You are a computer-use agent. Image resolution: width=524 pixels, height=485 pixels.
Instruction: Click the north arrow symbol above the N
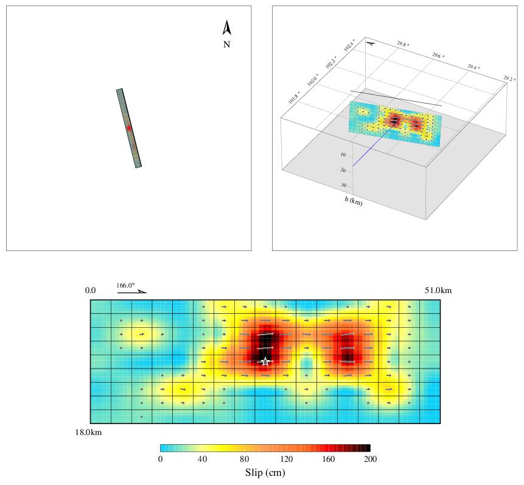tap(226, 28)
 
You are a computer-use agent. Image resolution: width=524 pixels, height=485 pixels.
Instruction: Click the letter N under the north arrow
tap(226, 44)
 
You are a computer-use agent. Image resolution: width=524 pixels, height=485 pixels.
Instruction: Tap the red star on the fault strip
tap(129, 128)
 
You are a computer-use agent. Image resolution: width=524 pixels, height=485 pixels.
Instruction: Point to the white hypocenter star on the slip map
tap(265, 361)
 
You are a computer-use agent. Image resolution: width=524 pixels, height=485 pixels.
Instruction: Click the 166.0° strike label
tap(126, 286)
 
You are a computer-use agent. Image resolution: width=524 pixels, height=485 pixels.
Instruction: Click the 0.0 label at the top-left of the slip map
tap(90, 291)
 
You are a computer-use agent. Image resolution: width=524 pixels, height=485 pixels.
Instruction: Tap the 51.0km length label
tap(438, 291)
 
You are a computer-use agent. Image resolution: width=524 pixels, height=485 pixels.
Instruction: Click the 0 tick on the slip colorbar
tap(160, 459)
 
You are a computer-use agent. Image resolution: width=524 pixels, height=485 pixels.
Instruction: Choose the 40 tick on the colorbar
tap(202, 459)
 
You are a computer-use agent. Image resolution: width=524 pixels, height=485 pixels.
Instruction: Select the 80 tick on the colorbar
tap(244, 459)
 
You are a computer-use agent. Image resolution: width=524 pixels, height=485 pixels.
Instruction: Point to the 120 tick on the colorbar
tap(286, 459)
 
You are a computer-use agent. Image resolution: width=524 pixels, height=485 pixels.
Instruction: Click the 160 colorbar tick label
tap(328, 459)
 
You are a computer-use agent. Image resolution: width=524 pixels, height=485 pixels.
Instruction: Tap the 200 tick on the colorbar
tap(370, 459)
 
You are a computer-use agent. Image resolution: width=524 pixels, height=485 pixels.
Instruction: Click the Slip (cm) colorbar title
tap(265, 473)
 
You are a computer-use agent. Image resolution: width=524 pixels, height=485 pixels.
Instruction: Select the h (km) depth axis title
tap(352, 201)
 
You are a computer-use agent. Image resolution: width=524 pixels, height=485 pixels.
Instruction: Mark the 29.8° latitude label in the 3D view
tap(403, 45)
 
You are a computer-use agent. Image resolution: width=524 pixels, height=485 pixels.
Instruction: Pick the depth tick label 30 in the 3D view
tap(343, 185)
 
